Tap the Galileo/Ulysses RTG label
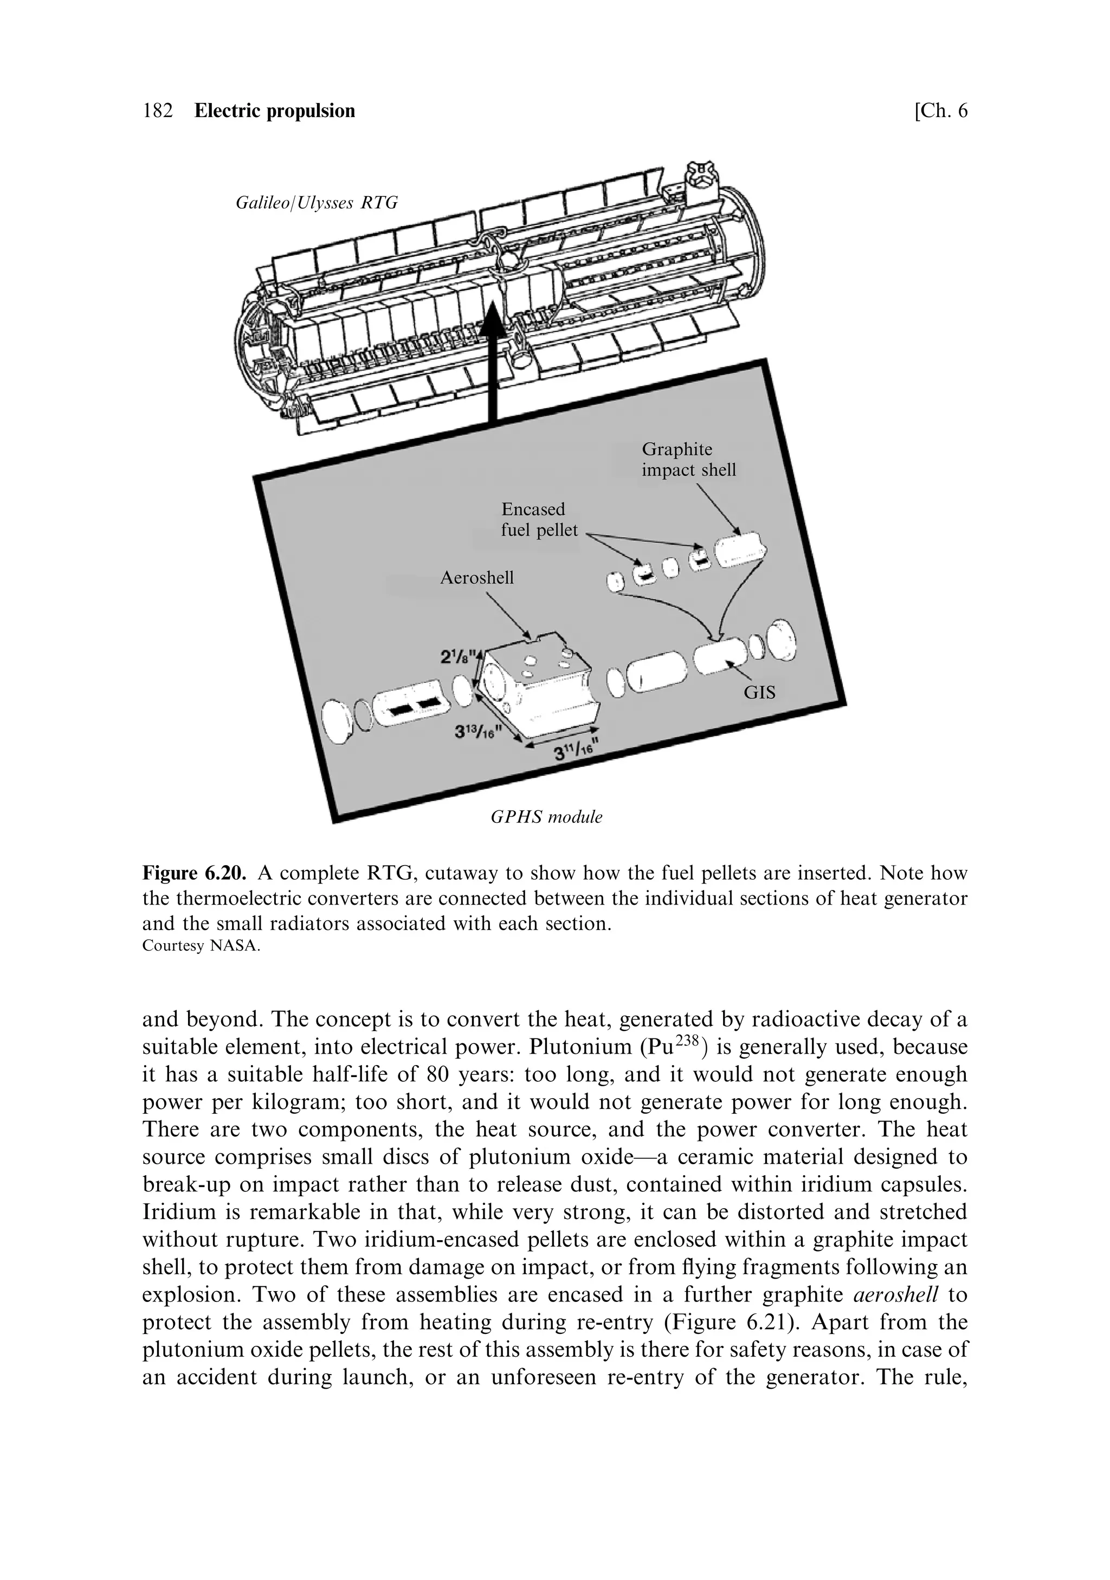click(317, 203)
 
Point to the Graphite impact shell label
click(688, 460)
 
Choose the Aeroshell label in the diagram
click(476, 577)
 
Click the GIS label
click(759, 692)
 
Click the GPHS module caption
click(546, 817)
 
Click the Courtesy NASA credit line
click(201, 946)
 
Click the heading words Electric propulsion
click(275, 111)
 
